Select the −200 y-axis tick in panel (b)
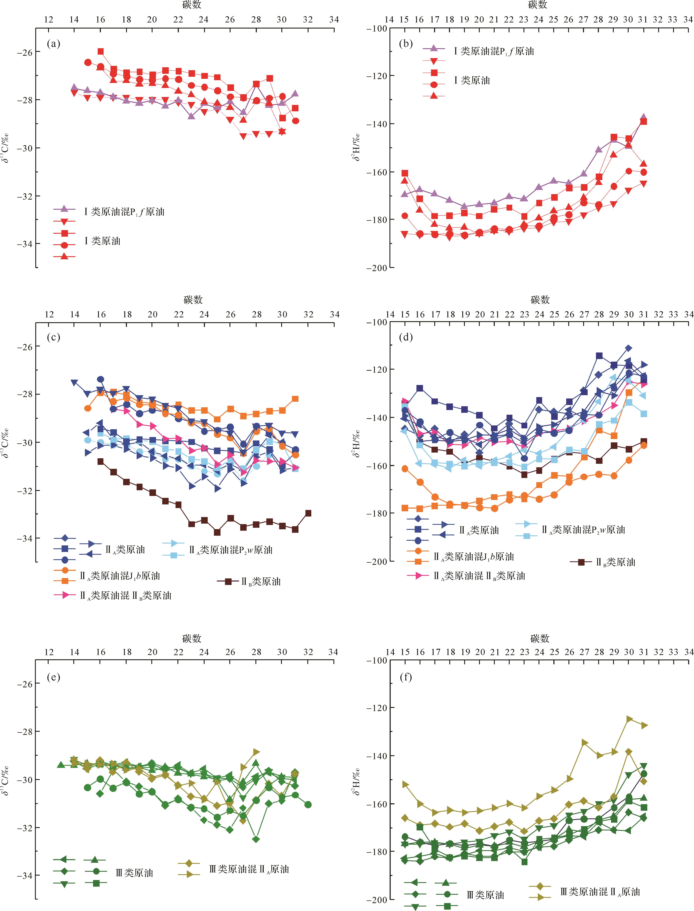click(376, 268)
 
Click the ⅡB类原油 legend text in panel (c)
click(261, 582)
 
